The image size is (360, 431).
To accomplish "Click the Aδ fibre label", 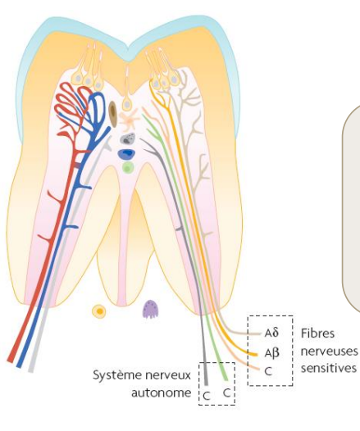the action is coord(271,333).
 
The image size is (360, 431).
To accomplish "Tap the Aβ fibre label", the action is coord(272,352).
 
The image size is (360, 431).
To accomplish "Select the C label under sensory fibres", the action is coord(268,371).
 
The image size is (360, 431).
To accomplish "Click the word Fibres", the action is coord(317,333).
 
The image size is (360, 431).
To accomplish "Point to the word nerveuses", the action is coord(329,352).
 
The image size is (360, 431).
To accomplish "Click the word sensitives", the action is coord(328,368).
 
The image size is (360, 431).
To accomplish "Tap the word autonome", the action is coord(162,392).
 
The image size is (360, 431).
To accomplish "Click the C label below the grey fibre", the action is coord(207,396).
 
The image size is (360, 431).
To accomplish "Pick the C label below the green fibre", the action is coord(226,392).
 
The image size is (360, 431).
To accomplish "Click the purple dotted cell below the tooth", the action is coord(150,309).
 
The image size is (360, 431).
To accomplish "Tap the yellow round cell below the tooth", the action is coord(99,311).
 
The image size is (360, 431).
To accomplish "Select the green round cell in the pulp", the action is coord(128,168).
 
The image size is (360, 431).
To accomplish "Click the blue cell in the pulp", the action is coord(126,154).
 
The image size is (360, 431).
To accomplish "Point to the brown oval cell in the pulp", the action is coord(113,112).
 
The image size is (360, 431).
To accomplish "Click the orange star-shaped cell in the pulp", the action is coord(129,119).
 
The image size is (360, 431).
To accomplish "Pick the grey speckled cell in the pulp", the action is coord(128,138).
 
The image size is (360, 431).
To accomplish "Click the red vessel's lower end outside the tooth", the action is coord(11,360).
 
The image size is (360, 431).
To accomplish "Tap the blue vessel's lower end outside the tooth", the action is coord(20,365).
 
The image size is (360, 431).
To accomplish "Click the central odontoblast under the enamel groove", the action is coord(126,105).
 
